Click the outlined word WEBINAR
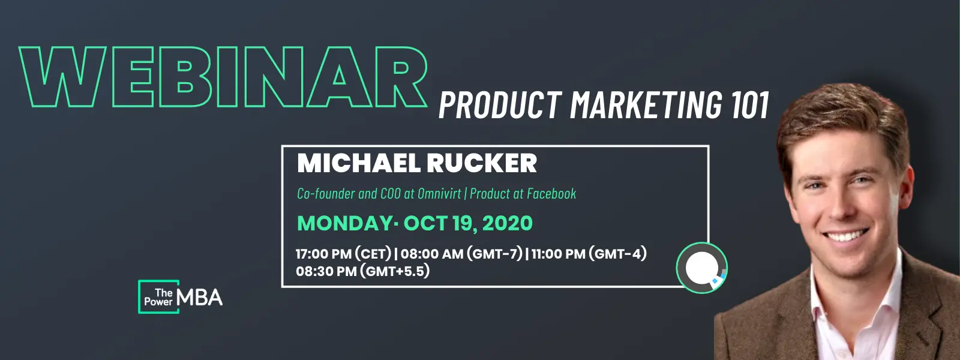223,77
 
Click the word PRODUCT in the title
500,105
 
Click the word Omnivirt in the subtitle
439,194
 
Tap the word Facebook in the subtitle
551,194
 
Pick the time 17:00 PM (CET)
343,254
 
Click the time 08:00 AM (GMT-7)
461,254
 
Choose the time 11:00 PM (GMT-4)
589,254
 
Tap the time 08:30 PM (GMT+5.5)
362,271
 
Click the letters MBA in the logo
200,297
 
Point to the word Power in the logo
158,302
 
